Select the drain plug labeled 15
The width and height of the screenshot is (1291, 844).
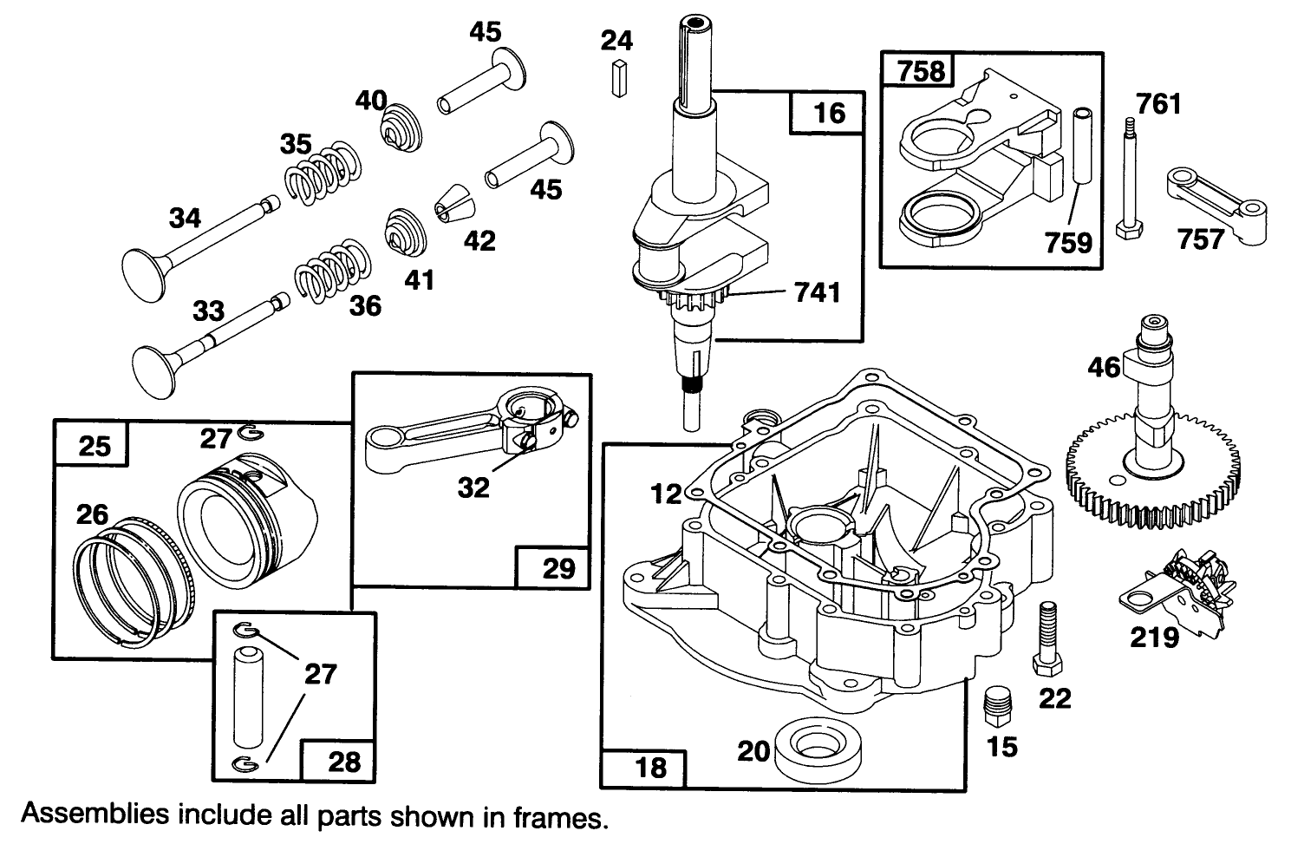999,703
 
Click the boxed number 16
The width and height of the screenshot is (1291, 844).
828,113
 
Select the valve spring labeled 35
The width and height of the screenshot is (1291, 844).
323,174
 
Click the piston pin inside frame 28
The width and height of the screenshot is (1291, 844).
249,694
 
